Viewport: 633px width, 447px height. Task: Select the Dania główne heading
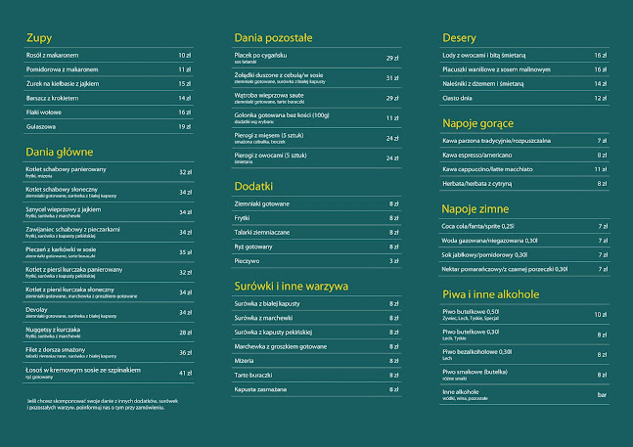coord(59,152)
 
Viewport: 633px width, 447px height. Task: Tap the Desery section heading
coord(459,37)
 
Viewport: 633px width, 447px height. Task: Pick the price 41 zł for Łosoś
coord(185,373)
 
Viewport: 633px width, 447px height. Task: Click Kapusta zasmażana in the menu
coord(265,388)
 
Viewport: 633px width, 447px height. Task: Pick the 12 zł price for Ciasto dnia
coord(600,98)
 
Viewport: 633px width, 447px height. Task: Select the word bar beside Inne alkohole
coord(601,394)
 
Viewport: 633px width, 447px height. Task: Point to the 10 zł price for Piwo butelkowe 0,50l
coord(600,314)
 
